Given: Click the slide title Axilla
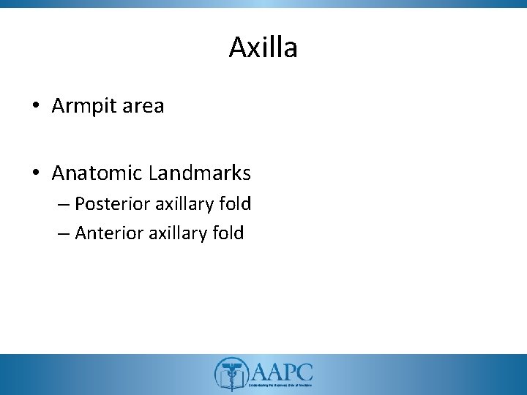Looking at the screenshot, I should [263, 48].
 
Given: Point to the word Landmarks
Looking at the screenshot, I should [199, 173].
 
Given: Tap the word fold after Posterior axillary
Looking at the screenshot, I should [234, 203].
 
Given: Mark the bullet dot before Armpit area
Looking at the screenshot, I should [35, 107].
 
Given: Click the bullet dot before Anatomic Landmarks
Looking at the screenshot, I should [35, 174].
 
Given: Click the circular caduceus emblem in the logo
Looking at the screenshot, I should [231, 374].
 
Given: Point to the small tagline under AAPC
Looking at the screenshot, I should [282, 384].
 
